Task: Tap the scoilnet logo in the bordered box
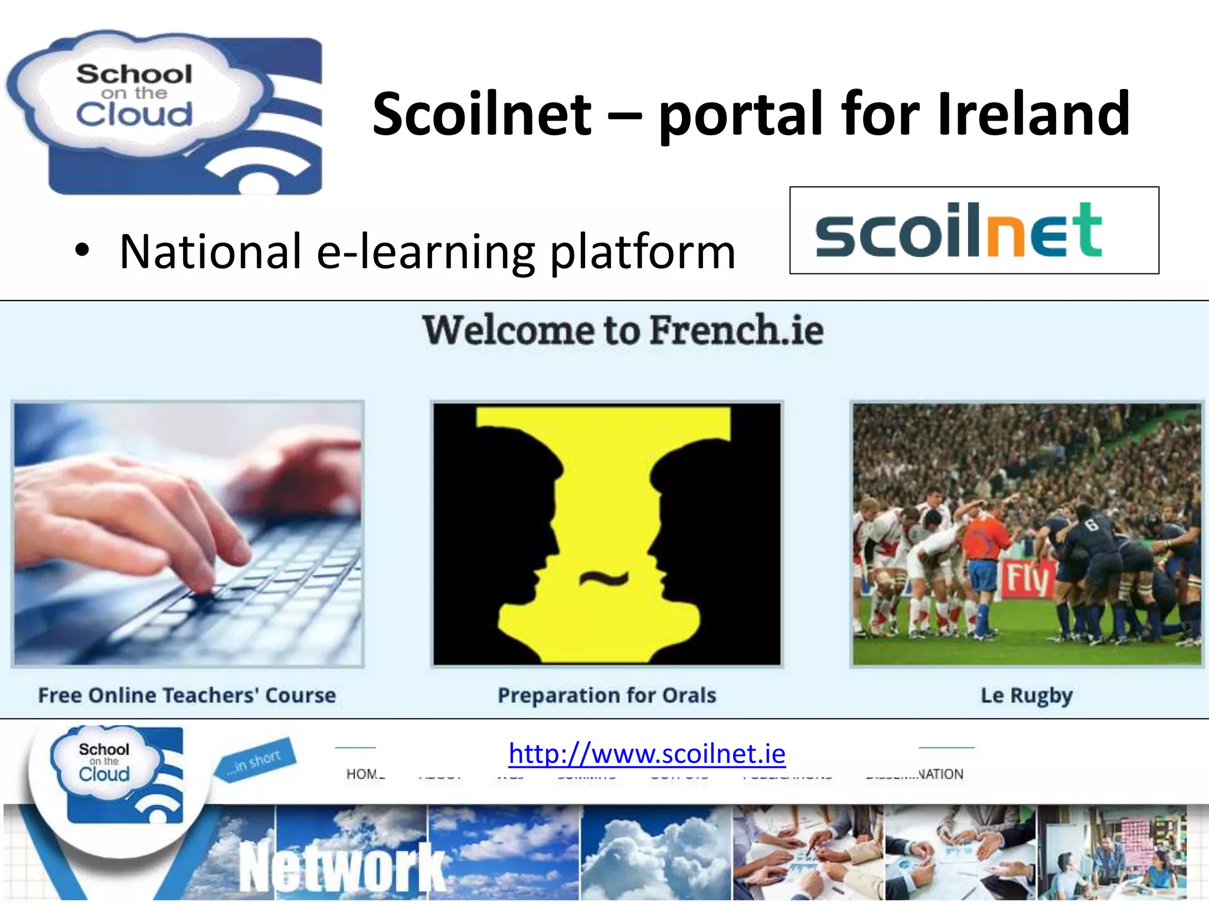click(959, 230)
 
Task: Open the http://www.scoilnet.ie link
click(647, 753)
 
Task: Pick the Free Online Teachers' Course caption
click(187, 695)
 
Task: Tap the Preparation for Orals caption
click(607, 695)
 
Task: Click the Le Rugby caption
click(1027, 695)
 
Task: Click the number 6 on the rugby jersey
click(1092, 523)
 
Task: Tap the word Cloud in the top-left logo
click(134, 114)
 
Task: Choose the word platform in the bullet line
click(643, 253)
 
